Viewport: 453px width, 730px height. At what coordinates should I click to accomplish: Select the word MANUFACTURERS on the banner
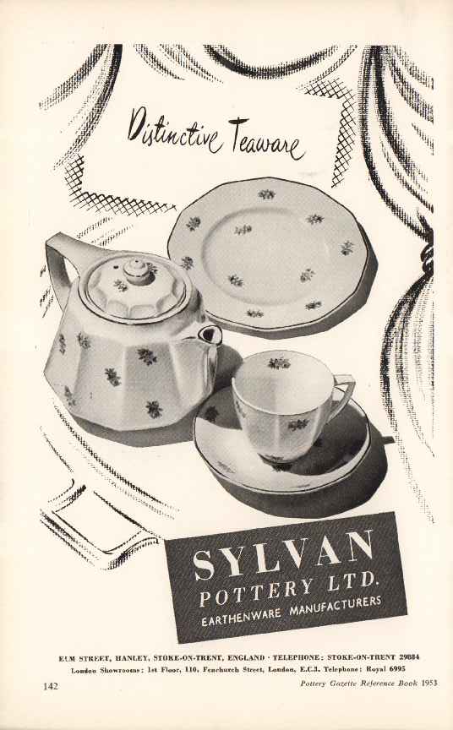point(336,606)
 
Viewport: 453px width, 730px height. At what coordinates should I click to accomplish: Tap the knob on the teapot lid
point(136,271)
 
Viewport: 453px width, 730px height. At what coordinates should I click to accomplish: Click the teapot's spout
point(210,335)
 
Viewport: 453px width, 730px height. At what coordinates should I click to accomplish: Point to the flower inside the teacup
point(279,362)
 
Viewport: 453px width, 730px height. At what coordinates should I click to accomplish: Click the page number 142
point(51,686)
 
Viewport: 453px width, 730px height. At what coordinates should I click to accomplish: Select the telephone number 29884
point(409,657)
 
